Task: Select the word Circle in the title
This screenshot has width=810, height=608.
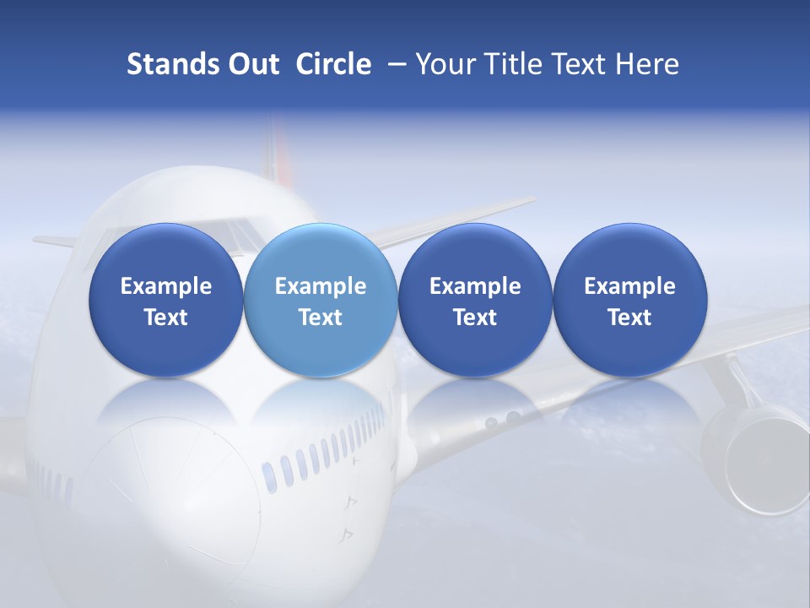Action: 333,64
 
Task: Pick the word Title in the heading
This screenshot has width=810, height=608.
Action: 508,64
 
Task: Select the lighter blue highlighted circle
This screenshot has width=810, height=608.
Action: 321,301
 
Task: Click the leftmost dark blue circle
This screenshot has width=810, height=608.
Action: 165,301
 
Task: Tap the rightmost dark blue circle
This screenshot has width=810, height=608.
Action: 629,301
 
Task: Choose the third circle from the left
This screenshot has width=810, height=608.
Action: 475,301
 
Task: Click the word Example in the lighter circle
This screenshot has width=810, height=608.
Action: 321,286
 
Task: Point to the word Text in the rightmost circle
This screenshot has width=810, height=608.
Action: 629,318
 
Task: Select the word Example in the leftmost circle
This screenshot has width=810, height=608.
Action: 165,286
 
